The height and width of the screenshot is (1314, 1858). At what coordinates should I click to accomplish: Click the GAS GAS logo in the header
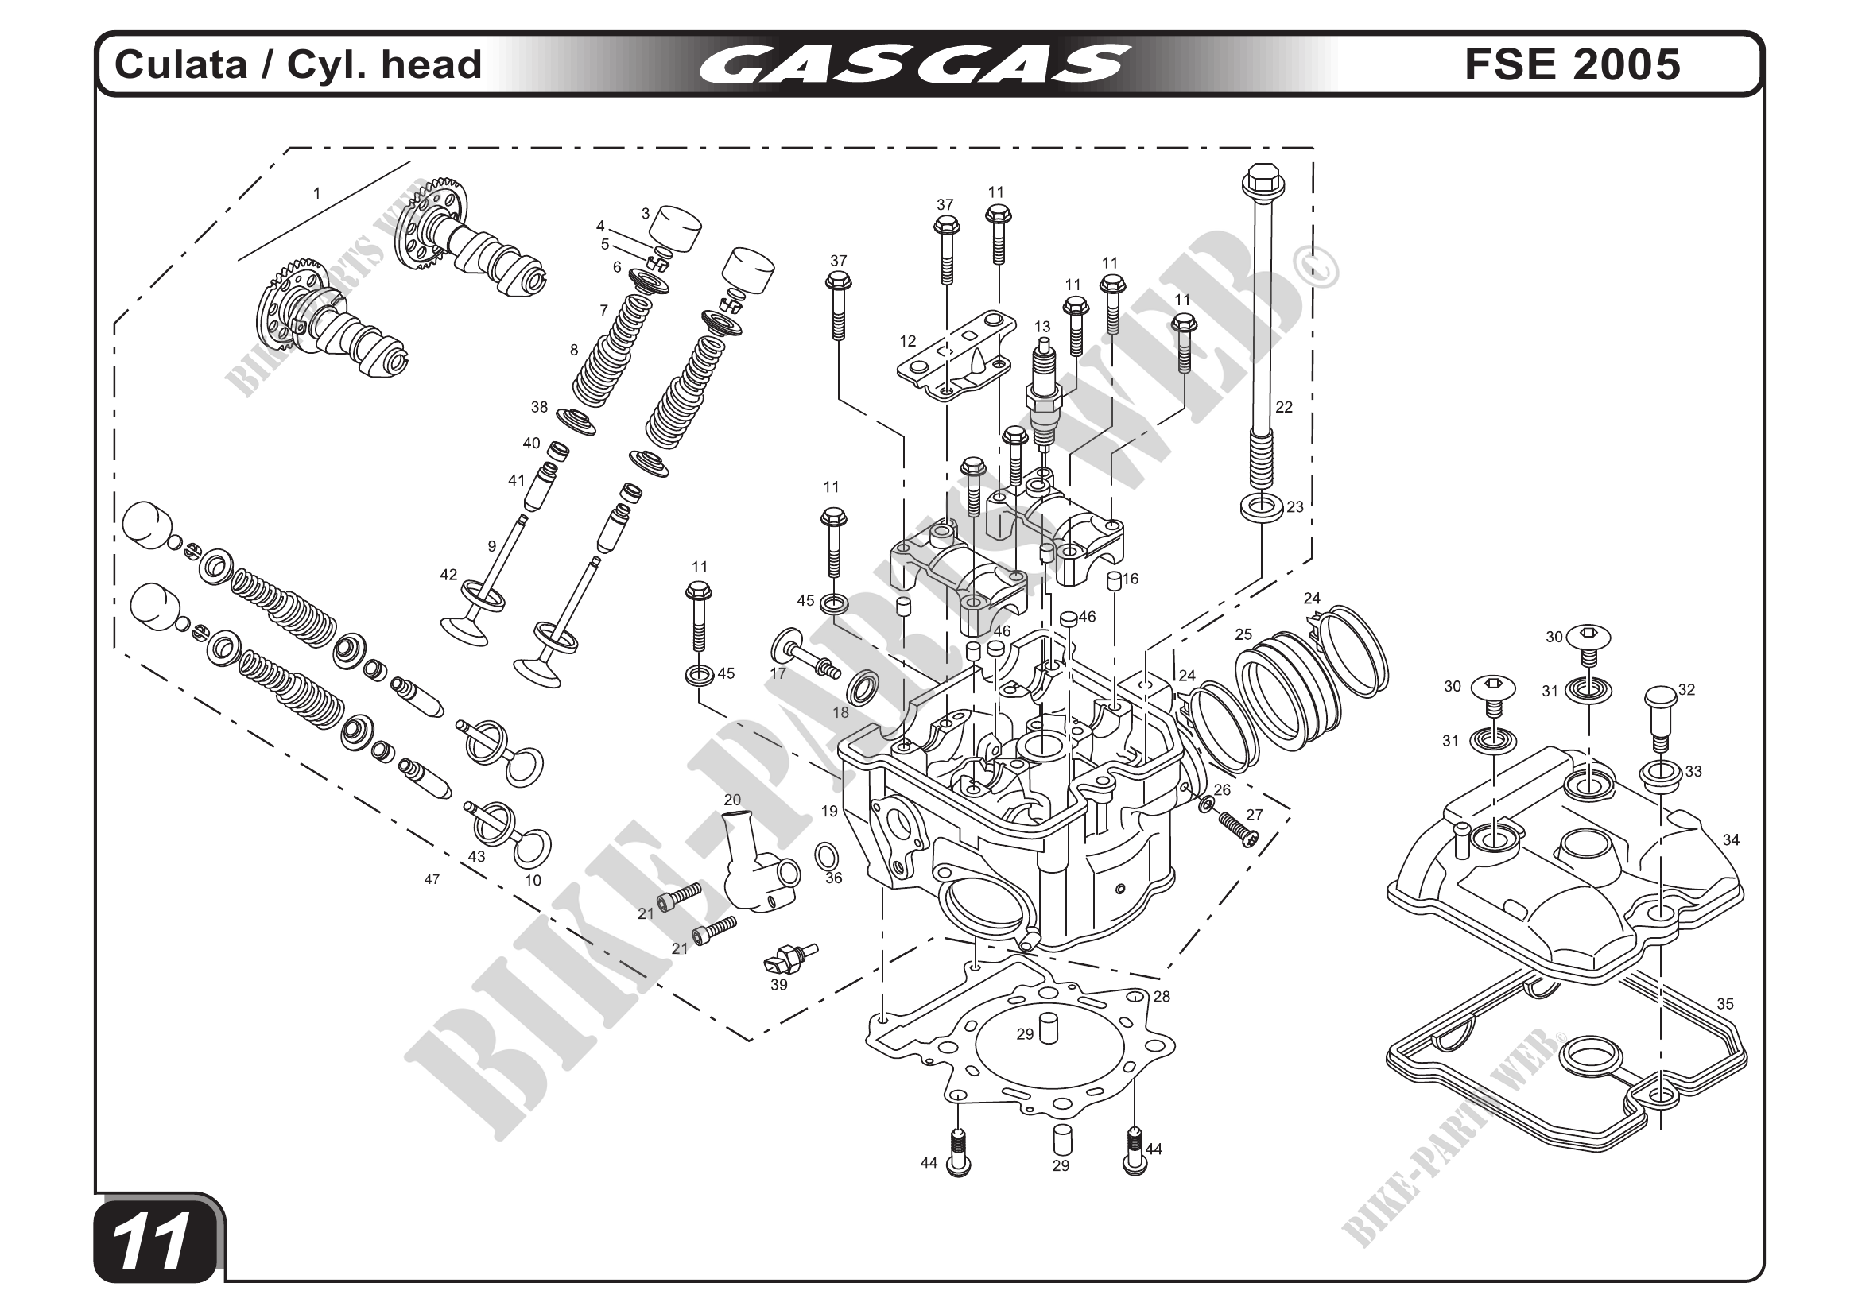[913, 64]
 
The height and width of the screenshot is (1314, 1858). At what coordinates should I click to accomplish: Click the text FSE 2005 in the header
[1573, 64]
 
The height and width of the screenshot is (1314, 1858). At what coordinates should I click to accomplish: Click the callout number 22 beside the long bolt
[1283, 407]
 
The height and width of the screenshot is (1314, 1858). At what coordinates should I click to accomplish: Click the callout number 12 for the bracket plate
[907, 342]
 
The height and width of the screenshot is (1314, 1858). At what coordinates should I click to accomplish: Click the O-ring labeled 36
[826, 855]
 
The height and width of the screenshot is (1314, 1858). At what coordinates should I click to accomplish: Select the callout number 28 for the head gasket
[1162, 997]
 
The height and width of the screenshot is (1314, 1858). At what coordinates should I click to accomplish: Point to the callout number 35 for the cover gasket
[1724, 1004]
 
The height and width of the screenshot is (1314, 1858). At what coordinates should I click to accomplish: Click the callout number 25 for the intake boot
[1243, 634]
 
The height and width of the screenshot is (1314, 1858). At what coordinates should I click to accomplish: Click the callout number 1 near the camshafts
[317, 193]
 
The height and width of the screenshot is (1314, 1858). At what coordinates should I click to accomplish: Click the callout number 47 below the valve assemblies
[432, 878]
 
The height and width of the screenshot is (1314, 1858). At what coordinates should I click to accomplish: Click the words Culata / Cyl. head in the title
[299, 64]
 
